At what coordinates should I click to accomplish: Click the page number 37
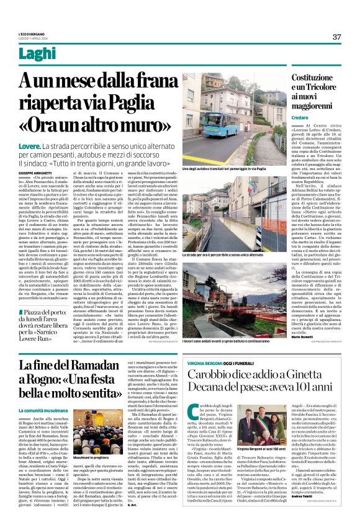[x=336, y=37]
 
